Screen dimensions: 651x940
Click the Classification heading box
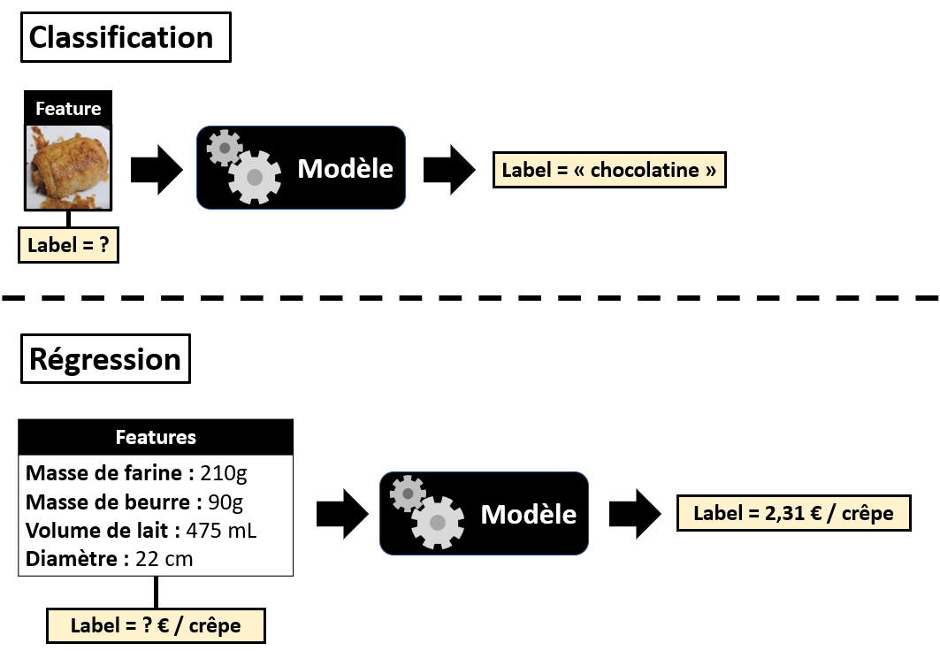click(x=125, y=37)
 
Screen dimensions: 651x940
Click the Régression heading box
click(x=105, y=358)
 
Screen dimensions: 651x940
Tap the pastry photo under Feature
click(x=68, y=165)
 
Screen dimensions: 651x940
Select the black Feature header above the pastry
click(x=68, y=109)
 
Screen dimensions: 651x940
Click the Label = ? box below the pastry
click(x=68, y=246)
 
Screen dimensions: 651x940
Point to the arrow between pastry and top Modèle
click(x=156, y=170)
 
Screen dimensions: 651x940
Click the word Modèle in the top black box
click(x=345, y=168)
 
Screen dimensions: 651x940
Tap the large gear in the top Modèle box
click(x=254, y=177)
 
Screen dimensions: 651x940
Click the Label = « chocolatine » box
click(x=608, y=170)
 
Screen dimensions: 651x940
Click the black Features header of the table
click(x=156, y=437)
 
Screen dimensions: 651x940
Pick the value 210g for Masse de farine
click(x=225, y=473)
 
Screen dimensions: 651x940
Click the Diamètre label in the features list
click(x=74, y=559)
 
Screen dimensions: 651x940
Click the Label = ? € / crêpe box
click(x=156, y=625)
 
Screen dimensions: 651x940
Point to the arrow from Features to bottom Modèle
click(x=341, y=514)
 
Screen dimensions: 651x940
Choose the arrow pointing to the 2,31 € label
click(x=634, y=513)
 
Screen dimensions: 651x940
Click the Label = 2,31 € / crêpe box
click(x=793, y=513)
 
